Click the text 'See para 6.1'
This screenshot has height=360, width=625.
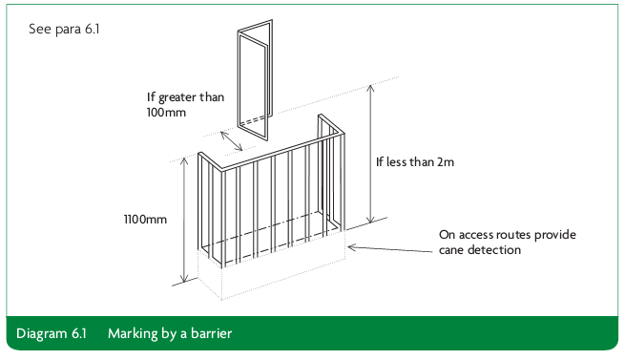[64, 30]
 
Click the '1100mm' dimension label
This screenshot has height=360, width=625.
[145, 219]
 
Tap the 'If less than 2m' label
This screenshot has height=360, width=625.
[415, 161]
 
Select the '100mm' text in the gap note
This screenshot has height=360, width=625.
[166, 112]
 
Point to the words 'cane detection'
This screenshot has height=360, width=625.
[480, 250]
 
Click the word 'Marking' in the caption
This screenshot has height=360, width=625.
[133, 333]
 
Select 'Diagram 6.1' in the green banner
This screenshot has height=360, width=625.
[52, 333]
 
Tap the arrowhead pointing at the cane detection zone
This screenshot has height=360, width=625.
[351, 247]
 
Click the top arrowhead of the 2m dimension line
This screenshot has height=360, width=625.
[370, 88]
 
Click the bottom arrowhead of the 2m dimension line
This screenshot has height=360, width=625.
[370, 221]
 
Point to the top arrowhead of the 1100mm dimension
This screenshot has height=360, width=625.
[184, 160]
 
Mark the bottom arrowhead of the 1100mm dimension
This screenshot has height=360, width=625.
[184, 280]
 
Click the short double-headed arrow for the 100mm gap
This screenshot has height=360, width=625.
[231, 141]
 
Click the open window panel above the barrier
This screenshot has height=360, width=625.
[255, 80]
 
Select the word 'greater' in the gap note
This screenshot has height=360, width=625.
[177, 97]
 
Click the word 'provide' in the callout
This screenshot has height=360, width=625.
[555, 235]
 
